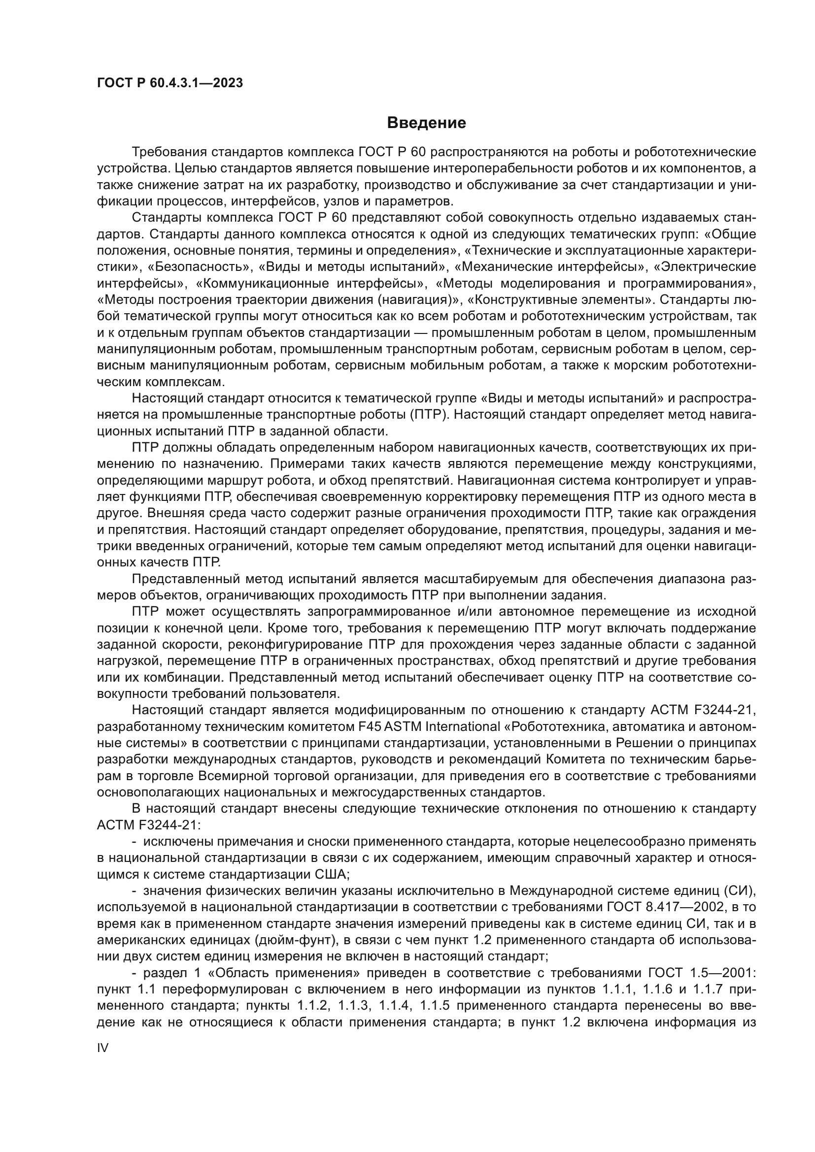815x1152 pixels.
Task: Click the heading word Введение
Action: point(427,123)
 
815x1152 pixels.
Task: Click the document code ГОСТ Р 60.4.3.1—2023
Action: point(170,83)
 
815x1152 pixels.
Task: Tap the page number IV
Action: point(102,1048)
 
